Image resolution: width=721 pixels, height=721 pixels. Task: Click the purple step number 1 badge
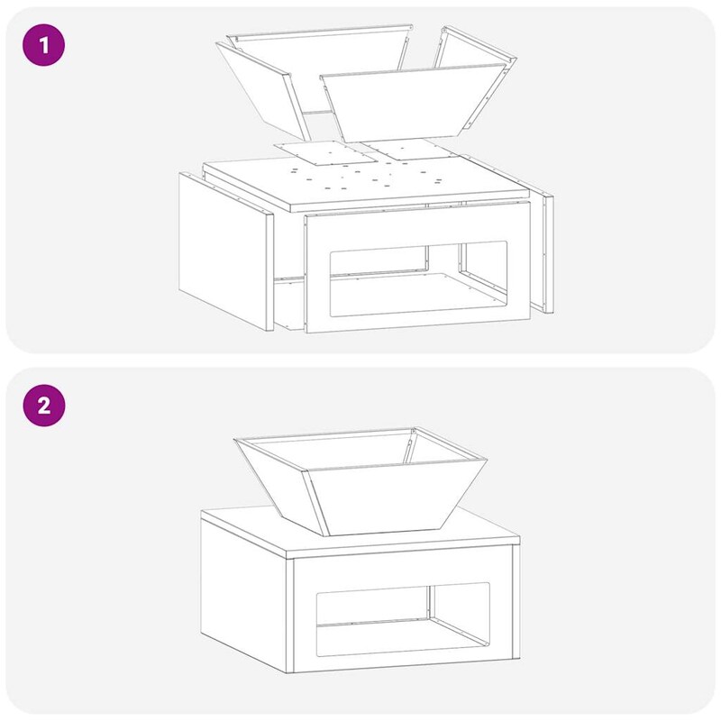43,45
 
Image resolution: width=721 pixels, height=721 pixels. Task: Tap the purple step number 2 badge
43,406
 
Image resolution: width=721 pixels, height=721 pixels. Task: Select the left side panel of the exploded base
225,251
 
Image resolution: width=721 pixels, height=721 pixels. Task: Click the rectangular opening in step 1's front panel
418,278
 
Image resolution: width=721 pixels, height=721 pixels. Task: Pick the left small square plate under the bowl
324,153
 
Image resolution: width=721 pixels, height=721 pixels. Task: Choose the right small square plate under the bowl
409,150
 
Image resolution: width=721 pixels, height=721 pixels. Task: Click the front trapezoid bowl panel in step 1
414,105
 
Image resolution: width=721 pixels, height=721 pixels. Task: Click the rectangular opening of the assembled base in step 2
403,619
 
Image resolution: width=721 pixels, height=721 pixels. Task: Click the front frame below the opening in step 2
403,663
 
